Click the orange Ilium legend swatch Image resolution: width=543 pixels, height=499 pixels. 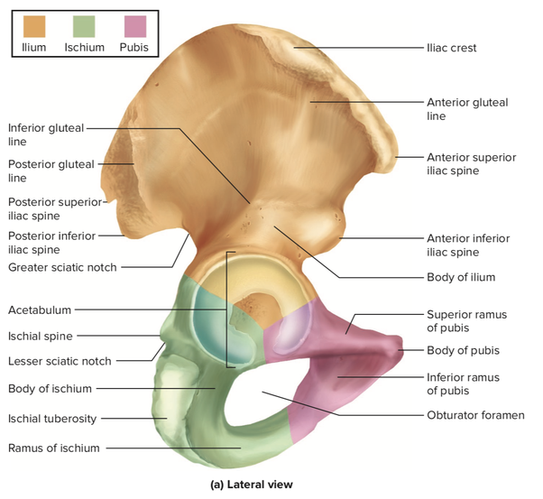34,24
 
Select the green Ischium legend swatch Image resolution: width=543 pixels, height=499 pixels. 84,24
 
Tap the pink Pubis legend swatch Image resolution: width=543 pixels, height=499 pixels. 133,24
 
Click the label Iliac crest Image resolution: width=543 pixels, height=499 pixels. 451,47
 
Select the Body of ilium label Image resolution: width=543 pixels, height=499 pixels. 460,277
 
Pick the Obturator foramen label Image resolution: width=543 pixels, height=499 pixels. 474,416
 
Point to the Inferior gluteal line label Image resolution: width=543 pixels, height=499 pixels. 46,134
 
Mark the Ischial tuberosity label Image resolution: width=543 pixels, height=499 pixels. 52,418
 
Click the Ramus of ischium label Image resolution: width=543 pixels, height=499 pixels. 53,448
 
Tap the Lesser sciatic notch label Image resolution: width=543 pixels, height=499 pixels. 60,361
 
